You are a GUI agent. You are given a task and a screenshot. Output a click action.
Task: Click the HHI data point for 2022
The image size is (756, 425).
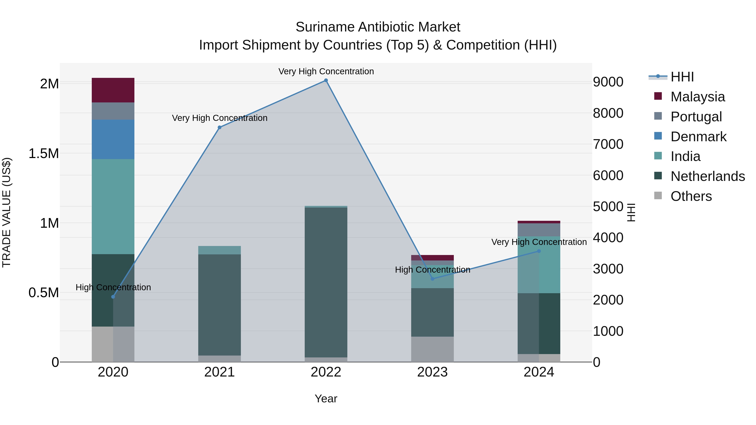click(x=326, y=80)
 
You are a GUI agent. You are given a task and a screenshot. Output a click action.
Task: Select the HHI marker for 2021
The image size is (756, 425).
click(x=219, y=127)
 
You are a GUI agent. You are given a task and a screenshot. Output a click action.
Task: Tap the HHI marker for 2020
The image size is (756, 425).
click(x=113, y=297)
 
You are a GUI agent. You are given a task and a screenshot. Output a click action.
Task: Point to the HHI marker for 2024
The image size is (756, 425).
click(x=539, y=251)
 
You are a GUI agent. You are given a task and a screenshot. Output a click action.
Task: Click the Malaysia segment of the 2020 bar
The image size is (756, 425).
click(x=113, y=90)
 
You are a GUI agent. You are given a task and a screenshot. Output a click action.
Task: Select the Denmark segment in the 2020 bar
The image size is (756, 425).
click(x=113, y=139)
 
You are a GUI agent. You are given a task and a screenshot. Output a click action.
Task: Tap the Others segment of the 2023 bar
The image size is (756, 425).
click(x=432, y=349)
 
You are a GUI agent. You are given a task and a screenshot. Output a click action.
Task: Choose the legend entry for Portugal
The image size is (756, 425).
click(x=696, y=117)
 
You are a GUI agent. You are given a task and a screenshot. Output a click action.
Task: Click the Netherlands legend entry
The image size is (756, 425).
click(x=707, y=176)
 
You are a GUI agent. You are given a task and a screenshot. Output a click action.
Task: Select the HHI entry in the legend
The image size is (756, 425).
click(x=682, y=77)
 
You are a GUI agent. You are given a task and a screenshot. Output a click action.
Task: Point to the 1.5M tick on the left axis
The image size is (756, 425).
click(x=44, y=153)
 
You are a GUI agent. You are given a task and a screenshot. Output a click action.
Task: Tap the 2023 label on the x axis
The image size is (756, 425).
click(x=432, y=372)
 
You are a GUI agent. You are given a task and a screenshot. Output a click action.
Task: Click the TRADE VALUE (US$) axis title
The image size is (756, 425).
click(x=7, y=212)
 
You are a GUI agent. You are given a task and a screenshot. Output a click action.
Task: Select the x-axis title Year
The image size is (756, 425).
click(x=326, y=399)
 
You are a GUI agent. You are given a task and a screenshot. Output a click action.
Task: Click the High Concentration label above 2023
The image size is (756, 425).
click(x=432, y=269)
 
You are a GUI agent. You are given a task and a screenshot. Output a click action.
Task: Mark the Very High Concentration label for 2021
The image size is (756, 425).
click(x=219, y=118)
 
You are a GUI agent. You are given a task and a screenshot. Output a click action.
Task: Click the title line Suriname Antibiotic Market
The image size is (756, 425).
click(x=378, y=27)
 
